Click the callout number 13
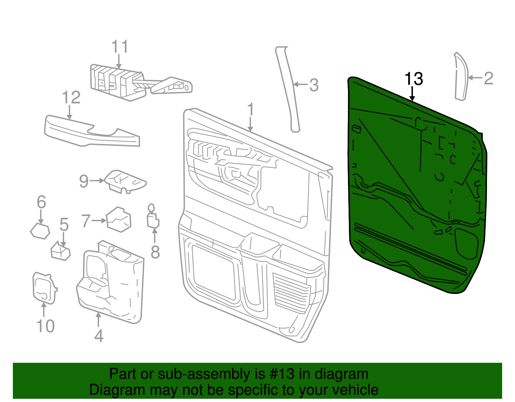[x=413, y=79]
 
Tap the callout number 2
[x=488, y=78]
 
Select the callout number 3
[x=314, y=85]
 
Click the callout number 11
[x=119, y=47]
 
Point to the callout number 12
[x=71, y=98]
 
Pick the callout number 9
[x=84, y=181]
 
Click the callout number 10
[x=45, y=326]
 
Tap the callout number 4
[x=99, y=336]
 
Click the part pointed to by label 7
[x=119, y=220]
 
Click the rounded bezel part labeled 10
[x=44, y=288]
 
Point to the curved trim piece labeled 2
[x=462, y=77]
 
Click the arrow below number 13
[x=412, y=94]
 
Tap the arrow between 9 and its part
[x=97, y=181]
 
